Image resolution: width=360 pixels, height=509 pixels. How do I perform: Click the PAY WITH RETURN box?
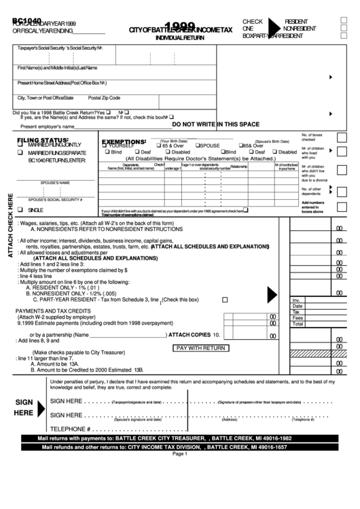[x=200, y=347]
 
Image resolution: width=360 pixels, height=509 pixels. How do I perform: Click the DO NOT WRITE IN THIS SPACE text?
[x=215, y=124]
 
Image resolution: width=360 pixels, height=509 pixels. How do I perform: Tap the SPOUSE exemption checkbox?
[x=198, y=145]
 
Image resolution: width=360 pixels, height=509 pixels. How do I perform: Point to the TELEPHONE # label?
[x=71, y=429]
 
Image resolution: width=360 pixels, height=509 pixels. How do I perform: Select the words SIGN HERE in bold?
[x=24, y=407]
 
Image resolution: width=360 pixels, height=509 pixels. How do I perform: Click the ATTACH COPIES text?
[x=190, y=335]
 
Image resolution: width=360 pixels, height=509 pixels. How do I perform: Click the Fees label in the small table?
[x=298, y=317]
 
